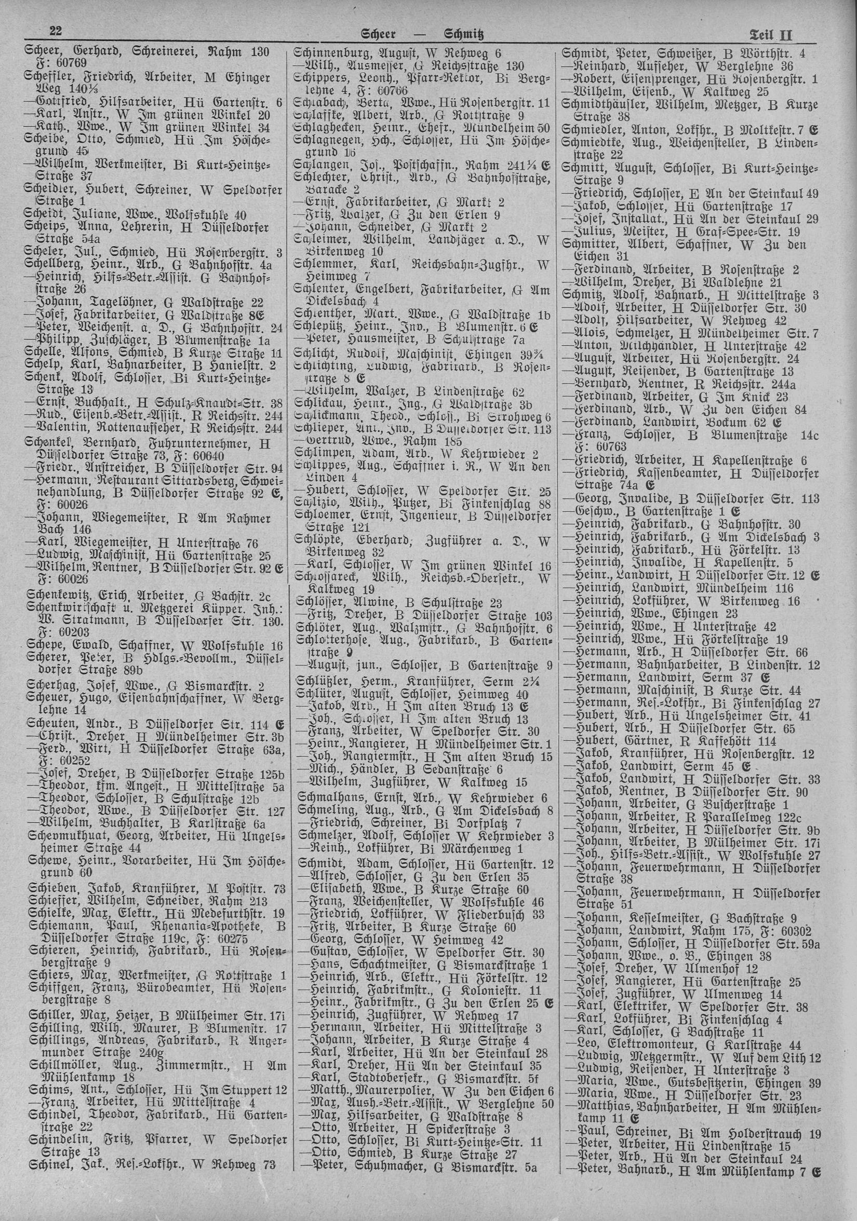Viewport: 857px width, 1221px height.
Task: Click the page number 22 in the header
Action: coord(55,31)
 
